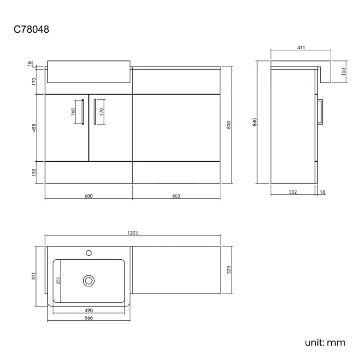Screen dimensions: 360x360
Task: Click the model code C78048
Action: [x=32, y=29]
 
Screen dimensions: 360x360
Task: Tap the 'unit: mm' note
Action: [x=325, y=342]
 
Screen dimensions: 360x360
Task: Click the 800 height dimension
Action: [x=229, y=125]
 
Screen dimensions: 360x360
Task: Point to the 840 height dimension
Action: [x=255, y=122]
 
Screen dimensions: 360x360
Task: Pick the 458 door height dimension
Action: [x=34, y=127]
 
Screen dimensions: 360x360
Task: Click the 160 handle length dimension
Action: [x=73, y=111]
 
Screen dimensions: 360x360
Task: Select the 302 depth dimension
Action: [x=294, y=192]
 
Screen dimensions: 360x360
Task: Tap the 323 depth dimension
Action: [x=229, y=270]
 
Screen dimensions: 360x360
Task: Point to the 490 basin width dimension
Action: [x=89, y=310]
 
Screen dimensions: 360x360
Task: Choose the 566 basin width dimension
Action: [x=89, y=318]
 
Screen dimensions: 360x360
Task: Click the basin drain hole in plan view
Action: [x=89, y=281]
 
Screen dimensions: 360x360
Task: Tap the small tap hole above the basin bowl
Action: [x=89, y=254]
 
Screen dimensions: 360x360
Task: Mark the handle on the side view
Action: [x=321, y=112]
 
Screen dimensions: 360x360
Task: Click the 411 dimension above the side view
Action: [x=301, y=48]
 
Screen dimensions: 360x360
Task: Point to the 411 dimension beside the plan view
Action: [x=34, y=275]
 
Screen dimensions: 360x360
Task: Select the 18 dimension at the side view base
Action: [x=322, y=192]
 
